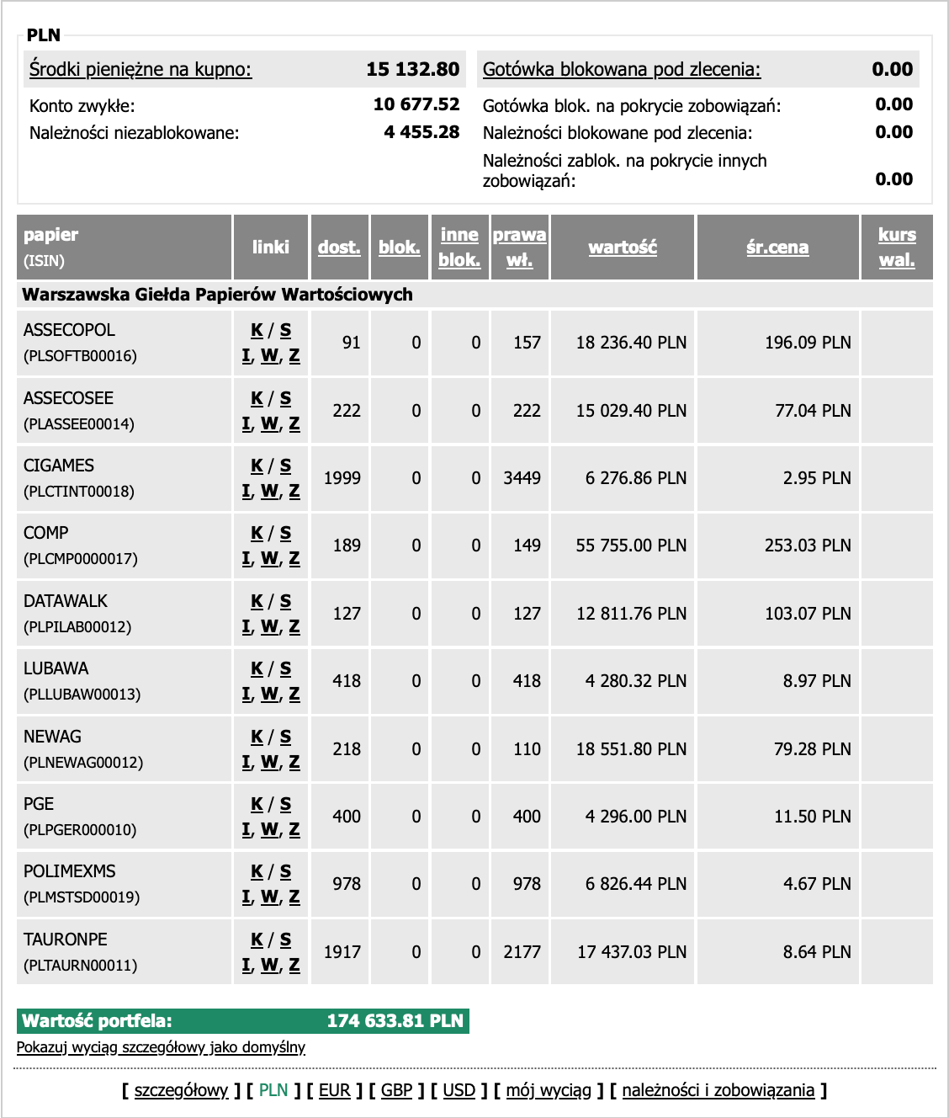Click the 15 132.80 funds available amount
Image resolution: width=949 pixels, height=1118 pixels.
[x=412, y=69]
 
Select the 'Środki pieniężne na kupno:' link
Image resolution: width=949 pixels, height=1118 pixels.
[x=140, y=69]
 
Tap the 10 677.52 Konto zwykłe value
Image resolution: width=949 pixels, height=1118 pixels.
[x=416, y=104]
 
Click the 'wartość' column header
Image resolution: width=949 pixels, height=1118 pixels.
[x=623, y=247]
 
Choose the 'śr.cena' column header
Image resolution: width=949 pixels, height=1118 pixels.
[x=777, y=247]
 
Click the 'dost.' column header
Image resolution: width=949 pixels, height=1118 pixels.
[x=339, y=247]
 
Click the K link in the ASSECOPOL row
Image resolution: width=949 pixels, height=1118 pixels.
[x=257, y=330]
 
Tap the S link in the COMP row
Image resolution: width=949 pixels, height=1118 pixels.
[x=285, y=533]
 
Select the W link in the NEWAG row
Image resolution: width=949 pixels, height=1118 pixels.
[x=269, y=762]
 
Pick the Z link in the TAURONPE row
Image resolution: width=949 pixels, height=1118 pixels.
[x=294, y=965]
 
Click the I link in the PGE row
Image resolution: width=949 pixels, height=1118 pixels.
[x=247, y=829]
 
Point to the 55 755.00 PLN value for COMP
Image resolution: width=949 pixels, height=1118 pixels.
[x=631, y=546]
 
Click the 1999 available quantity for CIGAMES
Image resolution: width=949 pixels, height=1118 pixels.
[x=342, y=478]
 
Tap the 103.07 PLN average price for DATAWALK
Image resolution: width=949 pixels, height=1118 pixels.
[x=808, y=614]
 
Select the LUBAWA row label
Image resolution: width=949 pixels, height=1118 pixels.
[x=56, y=668]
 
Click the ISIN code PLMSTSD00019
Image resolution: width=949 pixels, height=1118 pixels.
[x=82, y=897]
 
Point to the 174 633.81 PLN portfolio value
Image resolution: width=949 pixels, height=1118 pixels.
[x=395, y=1021]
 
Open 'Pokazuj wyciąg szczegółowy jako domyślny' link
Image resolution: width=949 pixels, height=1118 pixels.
[x=161, y=1047]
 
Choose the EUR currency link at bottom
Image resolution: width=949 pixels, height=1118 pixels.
[x=334, y=1090]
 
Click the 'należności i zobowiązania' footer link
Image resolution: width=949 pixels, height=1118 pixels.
[x=718, y=1090]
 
